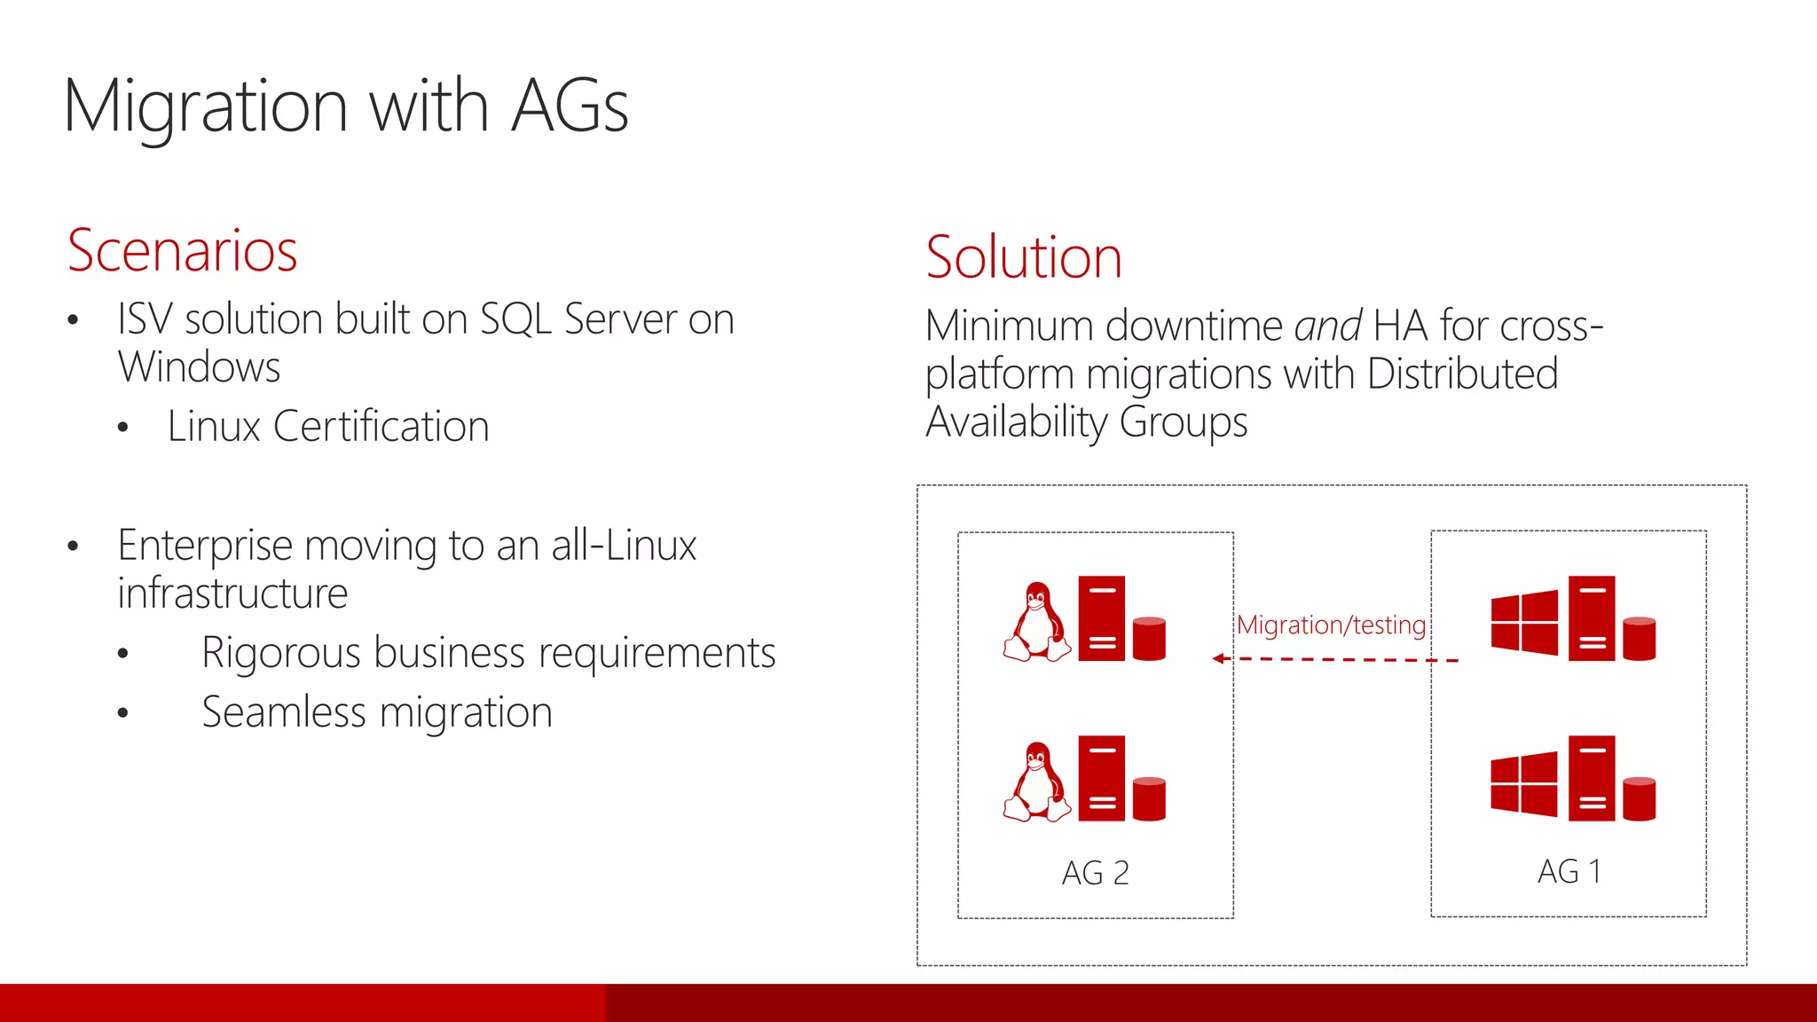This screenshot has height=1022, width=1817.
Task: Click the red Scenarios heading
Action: [182, 251]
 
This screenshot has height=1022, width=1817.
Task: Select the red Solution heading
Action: [1023, 258]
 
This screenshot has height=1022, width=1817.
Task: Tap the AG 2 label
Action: [1095, 873]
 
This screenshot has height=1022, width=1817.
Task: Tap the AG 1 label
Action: [1569, 871]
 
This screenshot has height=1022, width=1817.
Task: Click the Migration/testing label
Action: [1331, 625]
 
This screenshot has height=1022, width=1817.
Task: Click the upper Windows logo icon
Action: [1524, 622]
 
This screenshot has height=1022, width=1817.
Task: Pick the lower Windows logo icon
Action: [1524, 783]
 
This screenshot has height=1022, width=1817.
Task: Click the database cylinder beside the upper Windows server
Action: [1639, 639]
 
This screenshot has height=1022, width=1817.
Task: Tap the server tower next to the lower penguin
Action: [1101, 778]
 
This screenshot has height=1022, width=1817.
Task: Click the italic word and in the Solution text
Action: [1327, 326]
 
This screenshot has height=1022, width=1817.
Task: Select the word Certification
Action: [381, 427]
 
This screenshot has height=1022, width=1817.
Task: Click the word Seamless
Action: [283, 712]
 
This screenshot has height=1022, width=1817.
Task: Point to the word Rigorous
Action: [280, 654]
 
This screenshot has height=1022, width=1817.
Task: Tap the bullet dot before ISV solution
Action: [74, 320]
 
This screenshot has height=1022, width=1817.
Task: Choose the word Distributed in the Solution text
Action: [1462, 373]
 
